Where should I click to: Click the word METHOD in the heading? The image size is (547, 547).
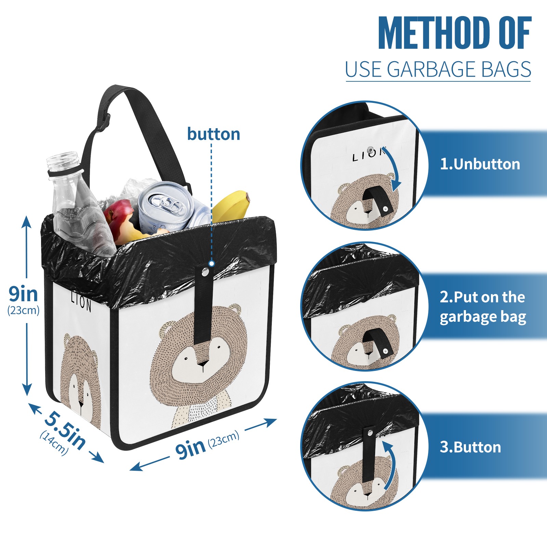(x=434, y=33)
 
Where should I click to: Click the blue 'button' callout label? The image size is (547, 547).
(x=214, y=134)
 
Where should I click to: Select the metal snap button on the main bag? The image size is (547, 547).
(x=205, y=272)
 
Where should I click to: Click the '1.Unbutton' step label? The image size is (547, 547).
(x=480, y=164)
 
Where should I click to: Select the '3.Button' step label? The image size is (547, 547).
(x=470, y=447)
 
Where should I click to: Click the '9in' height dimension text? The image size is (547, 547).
(x=23, y=294)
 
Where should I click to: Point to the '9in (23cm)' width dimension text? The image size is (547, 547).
(x=207, y=444)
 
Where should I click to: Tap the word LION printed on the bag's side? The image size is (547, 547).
(x=81, y=301)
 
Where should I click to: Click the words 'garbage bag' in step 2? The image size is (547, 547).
(x=483, y=317)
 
